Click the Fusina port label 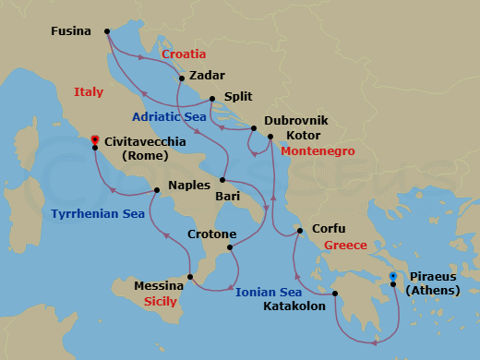[x=71, y=31]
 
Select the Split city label [x=236, y=98]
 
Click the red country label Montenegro [x=318, y=150]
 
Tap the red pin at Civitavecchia [x=94, y=141]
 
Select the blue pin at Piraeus [x=392, y=276]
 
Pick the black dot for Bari [x=223, y=180]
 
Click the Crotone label [x=211, y=234]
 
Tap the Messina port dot [x=190, y=276]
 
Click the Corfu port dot [x=299, y=230]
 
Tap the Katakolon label [x=294, y=306]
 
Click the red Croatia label [x=184, y=54]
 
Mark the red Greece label [x=345, y=245]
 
